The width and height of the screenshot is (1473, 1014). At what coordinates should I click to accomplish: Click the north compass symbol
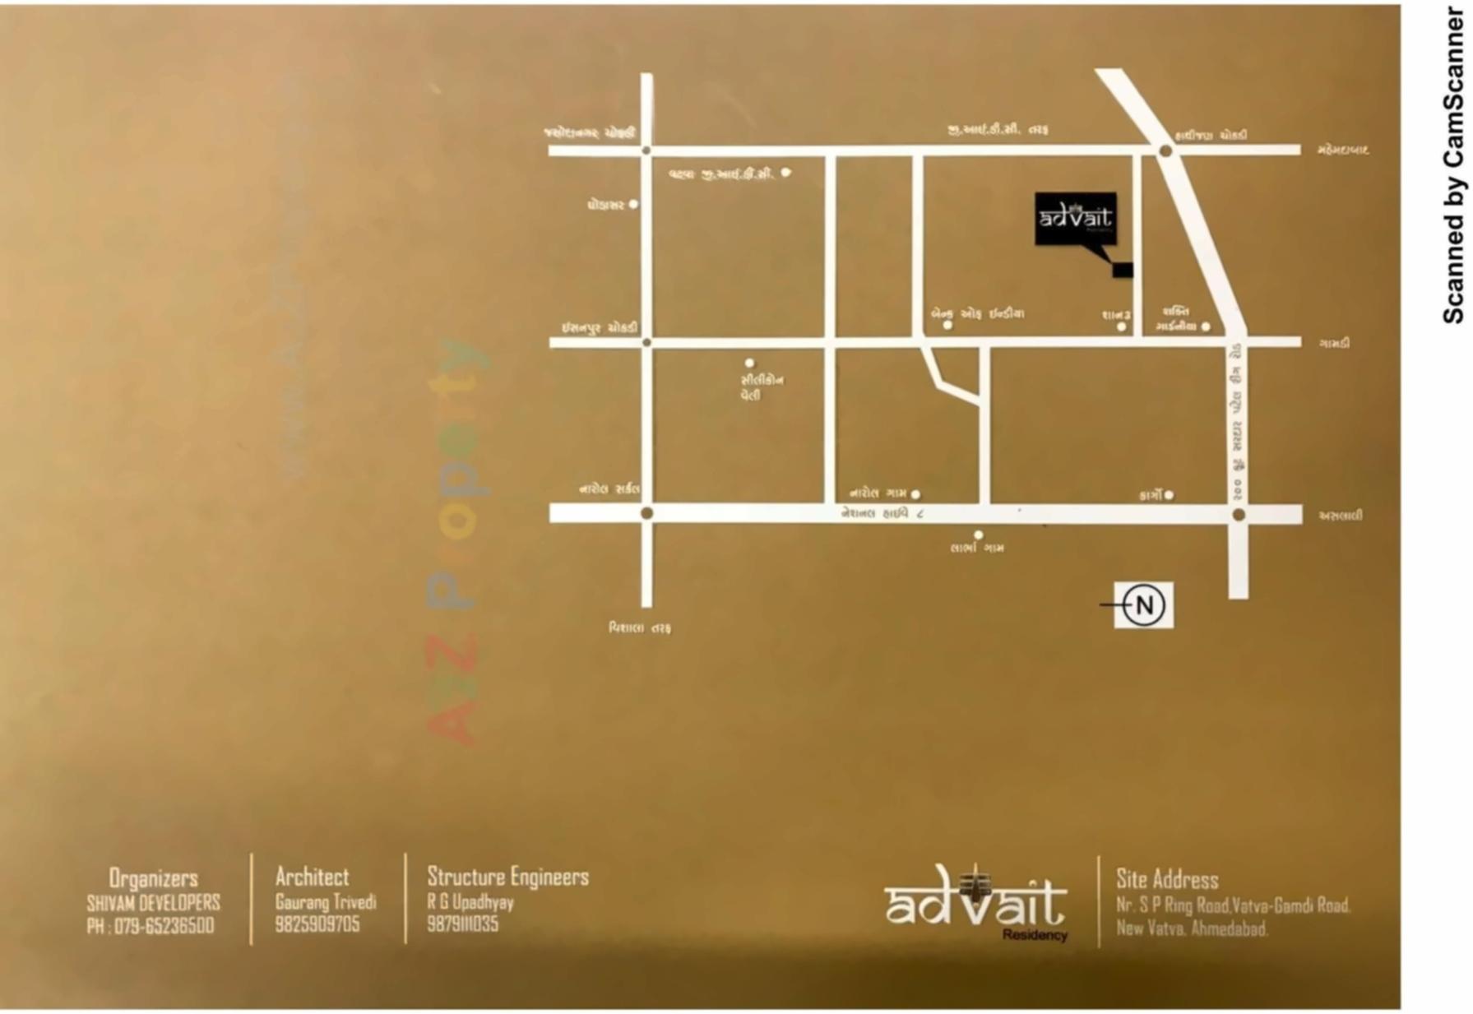[x=1143, y=605]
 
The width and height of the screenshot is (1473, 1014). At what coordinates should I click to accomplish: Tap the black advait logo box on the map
[x=1075, y=218]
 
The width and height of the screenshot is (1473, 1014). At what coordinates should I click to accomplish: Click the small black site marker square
[x=1123, y=270]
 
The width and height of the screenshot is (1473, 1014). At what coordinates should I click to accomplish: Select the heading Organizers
[x=153, y=877]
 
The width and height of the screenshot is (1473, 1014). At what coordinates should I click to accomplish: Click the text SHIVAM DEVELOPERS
[x=153, y=903]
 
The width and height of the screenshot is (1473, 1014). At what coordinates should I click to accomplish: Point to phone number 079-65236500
[x=151, y=926]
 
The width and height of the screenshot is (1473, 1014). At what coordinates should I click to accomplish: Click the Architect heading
[x=312, y=877]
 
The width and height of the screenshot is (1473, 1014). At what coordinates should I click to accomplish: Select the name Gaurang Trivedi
[x=326, y=902]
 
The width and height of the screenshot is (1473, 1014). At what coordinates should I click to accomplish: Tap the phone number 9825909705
[x=317, y=924]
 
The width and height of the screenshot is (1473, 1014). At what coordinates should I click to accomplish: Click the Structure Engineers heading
[x=507, y=877]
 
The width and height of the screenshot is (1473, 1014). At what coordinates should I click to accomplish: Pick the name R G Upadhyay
[x=470, y=902]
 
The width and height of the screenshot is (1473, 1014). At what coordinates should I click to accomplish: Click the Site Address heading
[x=1167, y=879]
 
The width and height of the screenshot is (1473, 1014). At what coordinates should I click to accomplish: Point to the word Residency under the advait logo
[x=1035, y=935]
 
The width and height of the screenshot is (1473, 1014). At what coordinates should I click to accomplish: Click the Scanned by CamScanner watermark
[x=1453, y=164]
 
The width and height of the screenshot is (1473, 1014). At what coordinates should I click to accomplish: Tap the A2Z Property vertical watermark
[x=457, y=543]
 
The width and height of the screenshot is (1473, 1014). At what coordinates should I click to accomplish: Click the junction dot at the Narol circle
[x=646, y=513]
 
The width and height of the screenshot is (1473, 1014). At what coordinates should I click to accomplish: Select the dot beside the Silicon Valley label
[x=749, y=363]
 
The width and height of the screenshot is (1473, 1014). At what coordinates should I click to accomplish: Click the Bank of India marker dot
[x=947, y=326]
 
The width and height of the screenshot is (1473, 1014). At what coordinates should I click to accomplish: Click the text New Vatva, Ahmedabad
[x=1192, y=929]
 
